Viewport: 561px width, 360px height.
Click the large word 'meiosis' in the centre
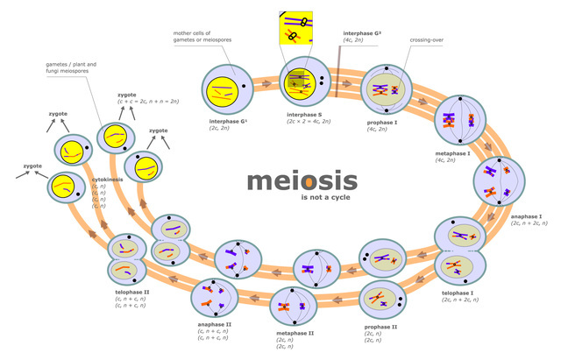click(x=302, y=180)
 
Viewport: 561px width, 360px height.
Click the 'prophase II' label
click(x=381, y=327)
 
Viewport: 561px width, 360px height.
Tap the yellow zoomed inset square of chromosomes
click(x=295, y=28)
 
